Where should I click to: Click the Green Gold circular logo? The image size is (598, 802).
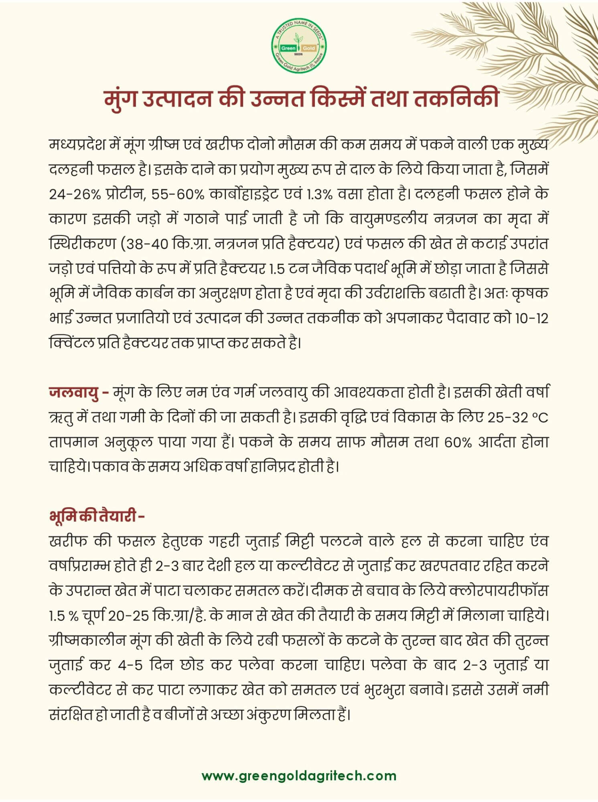coord(299,47)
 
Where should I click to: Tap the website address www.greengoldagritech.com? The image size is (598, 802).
coord(299,775)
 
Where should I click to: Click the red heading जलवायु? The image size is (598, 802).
coord(74,392)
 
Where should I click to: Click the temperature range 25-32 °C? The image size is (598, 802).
coord(518,417)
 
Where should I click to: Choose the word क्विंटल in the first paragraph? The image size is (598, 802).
coord(72,343)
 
